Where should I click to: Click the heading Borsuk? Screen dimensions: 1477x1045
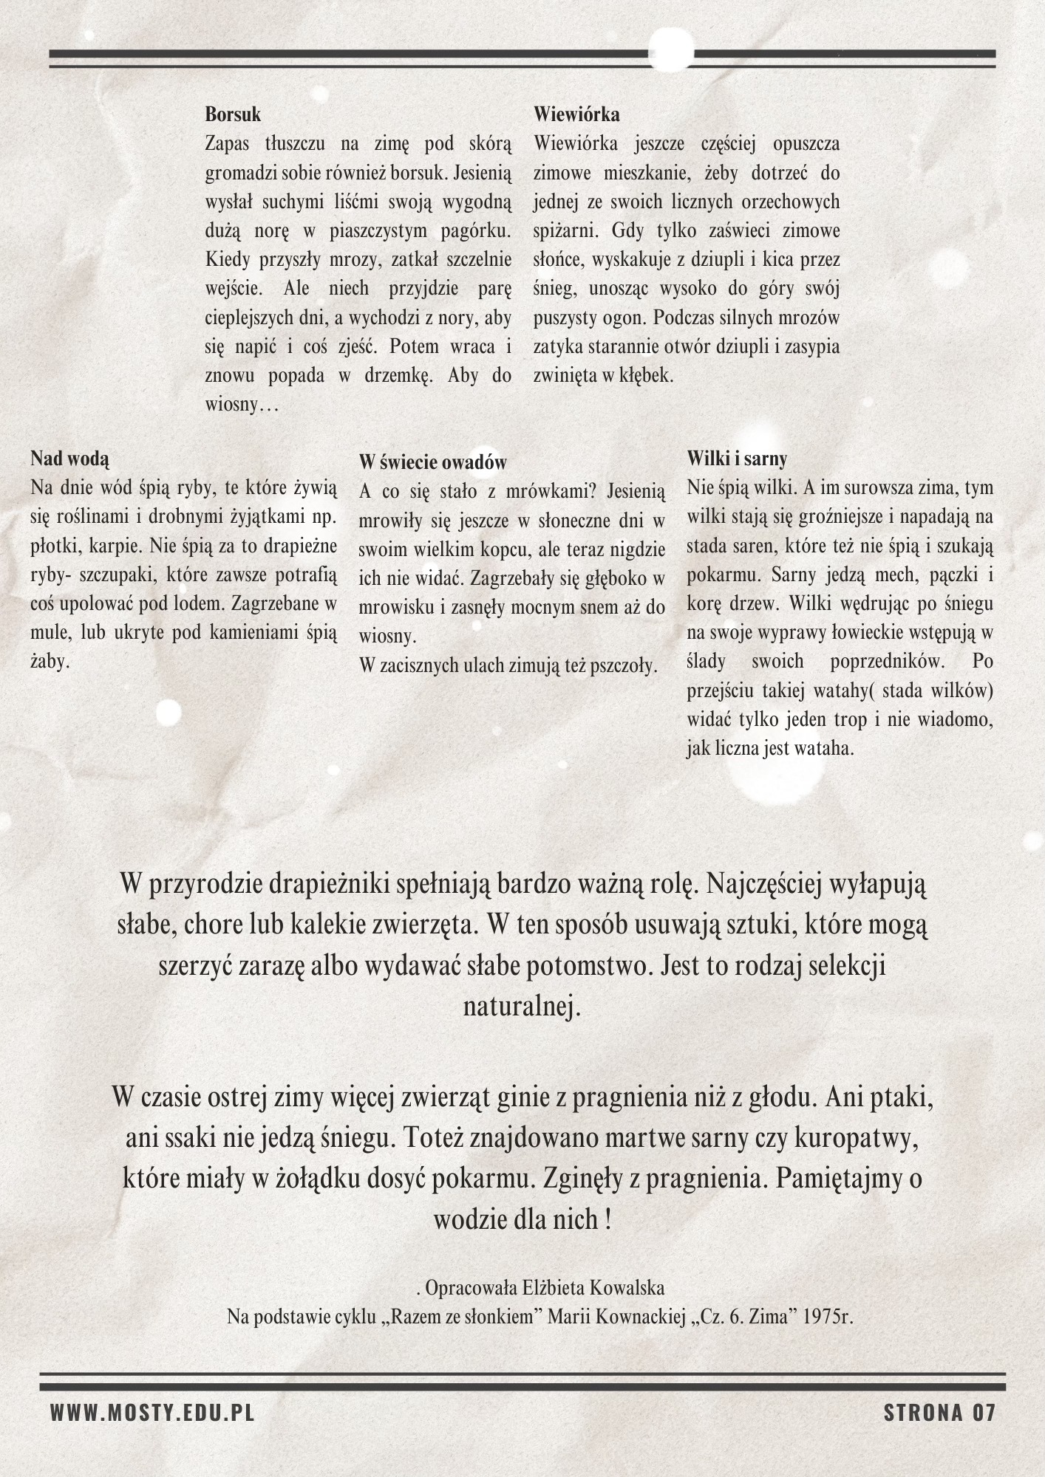tap(233, 115)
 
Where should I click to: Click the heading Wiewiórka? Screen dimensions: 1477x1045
tap(576, 115)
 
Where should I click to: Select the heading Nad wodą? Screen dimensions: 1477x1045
tap(69, 459)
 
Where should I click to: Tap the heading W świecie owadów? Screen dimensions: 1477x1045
tap(433, 462)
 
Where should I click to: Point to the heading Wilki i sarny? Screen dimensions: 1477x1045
tap(737, 459)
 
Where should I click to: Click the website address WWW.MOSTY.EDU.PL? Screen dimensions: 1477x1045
tap(152, 1413)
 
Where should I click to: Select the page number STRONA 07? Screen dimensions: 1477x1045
tap(939, 1413)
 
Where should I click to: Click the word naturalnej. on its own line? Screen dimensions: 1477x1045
tap(522, 1007)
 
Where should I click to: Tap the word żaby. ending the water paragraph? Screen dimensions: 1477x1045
tap(51, 661)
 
